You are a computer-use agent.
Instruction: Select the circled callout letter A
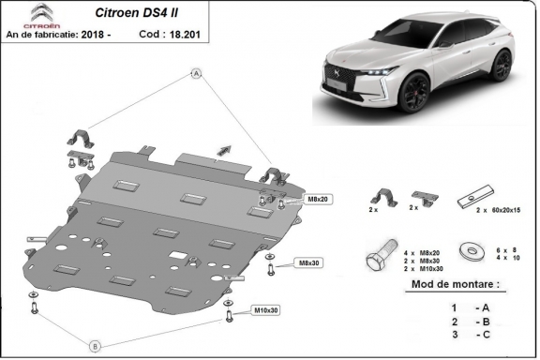[197, 72]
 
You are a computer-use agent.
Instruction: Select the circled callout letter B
[95, 345]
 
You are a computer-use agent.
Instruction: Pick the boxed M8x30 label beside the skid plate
[308, 262]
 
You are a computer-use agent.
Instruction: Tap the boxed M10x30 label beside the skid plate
[265, 310]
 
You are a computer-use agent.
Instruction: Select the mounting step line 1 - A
[464, 307]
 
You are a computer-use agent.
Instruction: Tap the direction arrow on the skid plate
[223, 147]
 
